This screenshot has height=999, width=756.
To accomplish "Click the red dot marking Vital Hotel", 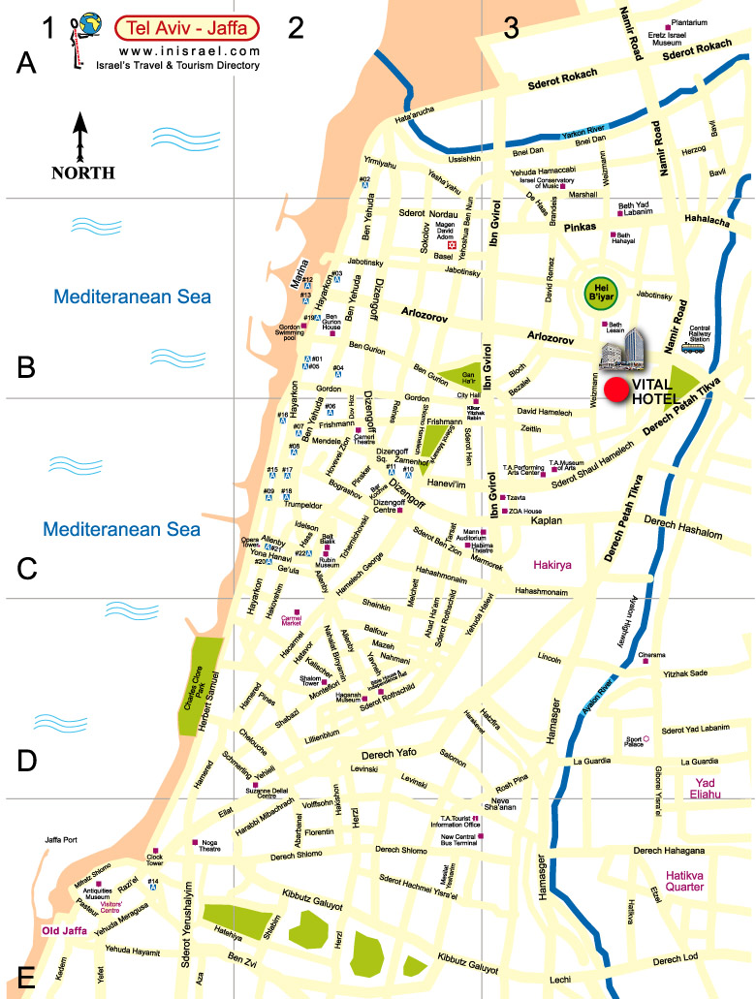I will [x=615, y=390].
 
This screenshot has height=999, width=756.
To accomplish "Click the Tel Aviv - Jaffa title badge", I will [x=186, y=26].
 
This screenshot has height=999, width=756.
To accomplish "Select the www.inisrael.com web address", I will [x=190, y=50].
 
